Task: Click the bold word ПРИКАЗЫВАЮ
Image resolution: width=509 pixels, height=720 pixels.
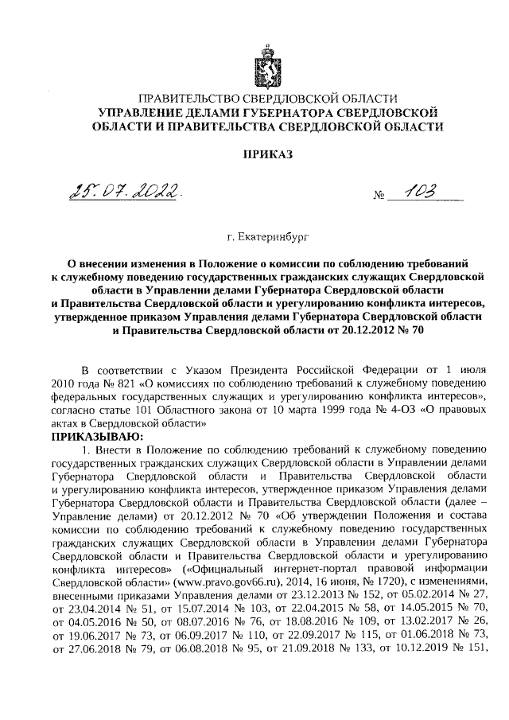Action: click(97, 437)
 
